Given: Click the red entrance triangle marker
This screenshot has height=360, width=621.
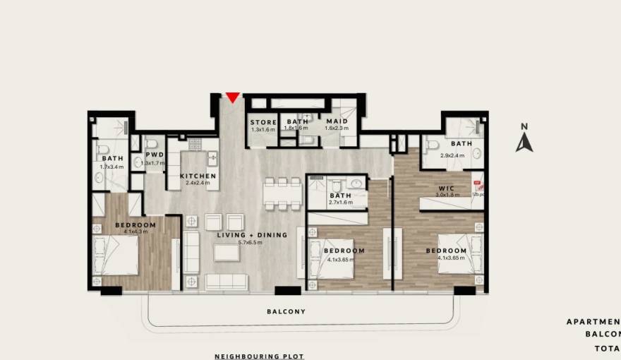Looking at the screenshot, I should [231, 97].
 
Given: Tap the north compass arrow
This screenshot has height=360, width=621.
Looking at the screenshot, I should [524, 143].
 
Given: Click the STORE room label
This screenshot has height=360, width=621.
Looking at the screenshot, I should [263, 123].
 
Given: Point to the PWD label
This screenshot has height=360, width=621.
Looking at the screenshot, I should [155, 155].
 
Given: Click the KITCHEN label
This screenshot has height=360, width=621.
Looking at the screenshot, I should [198, 176].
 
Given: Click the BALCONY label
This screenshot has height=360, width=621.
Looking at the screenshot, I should [286, 311].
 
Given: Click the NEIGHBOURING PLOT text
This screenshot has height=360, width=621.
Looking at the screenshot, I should [259, 356].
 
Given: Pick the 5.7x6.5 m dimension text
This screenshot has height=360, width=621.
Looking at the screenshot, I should [250, 243].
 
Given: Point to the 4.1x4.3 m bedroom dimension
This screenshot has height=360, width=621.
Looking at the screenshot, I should [135, 232].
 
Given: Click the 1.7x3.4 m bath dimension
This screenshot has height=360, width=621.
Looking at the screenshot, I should [111, 167].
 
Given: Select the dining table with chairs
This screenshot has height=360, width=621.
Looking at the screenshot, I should [283, 193].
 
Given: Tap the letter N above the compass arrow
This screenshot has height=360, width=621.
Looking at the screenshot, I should [524, 127].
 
